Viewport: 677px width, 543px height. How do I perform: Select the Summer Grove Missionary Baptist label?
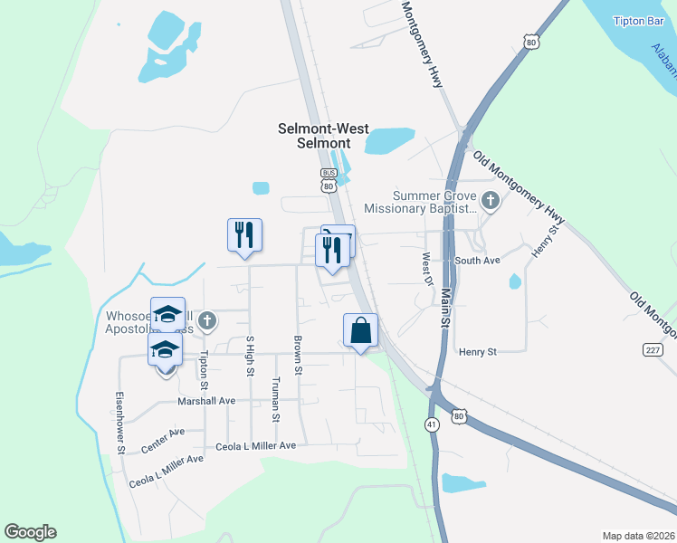point(420,202)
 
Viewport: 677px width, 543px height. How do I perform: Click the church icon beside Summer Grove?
point(491,200)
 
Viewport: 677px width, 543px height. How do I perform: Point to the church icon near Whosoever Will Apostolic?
point(207,319)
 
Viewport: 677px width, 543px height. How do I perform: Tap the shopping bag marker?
point(360,331)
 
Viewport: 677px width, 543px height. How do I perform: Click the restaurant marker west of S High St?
point(244,234)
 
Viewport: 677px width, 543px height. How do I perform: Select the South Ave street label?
point(478,261)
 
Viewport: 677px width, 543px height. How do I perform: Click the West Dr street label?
point(426,268)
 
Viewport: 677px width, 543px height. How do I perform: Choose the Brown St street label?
point(297,354)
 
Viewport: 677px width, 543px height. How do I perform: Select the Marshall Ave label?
point(205,400)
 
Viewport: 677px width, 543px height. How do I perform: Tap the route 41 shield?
point(432,424)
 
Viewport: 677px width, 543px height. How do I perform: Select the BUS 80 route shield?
point(328,178)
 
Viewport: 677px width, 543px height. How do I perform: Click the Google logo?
point(30,532)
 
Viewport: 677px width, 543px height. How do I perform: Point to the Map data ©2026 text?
point(637,536)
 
